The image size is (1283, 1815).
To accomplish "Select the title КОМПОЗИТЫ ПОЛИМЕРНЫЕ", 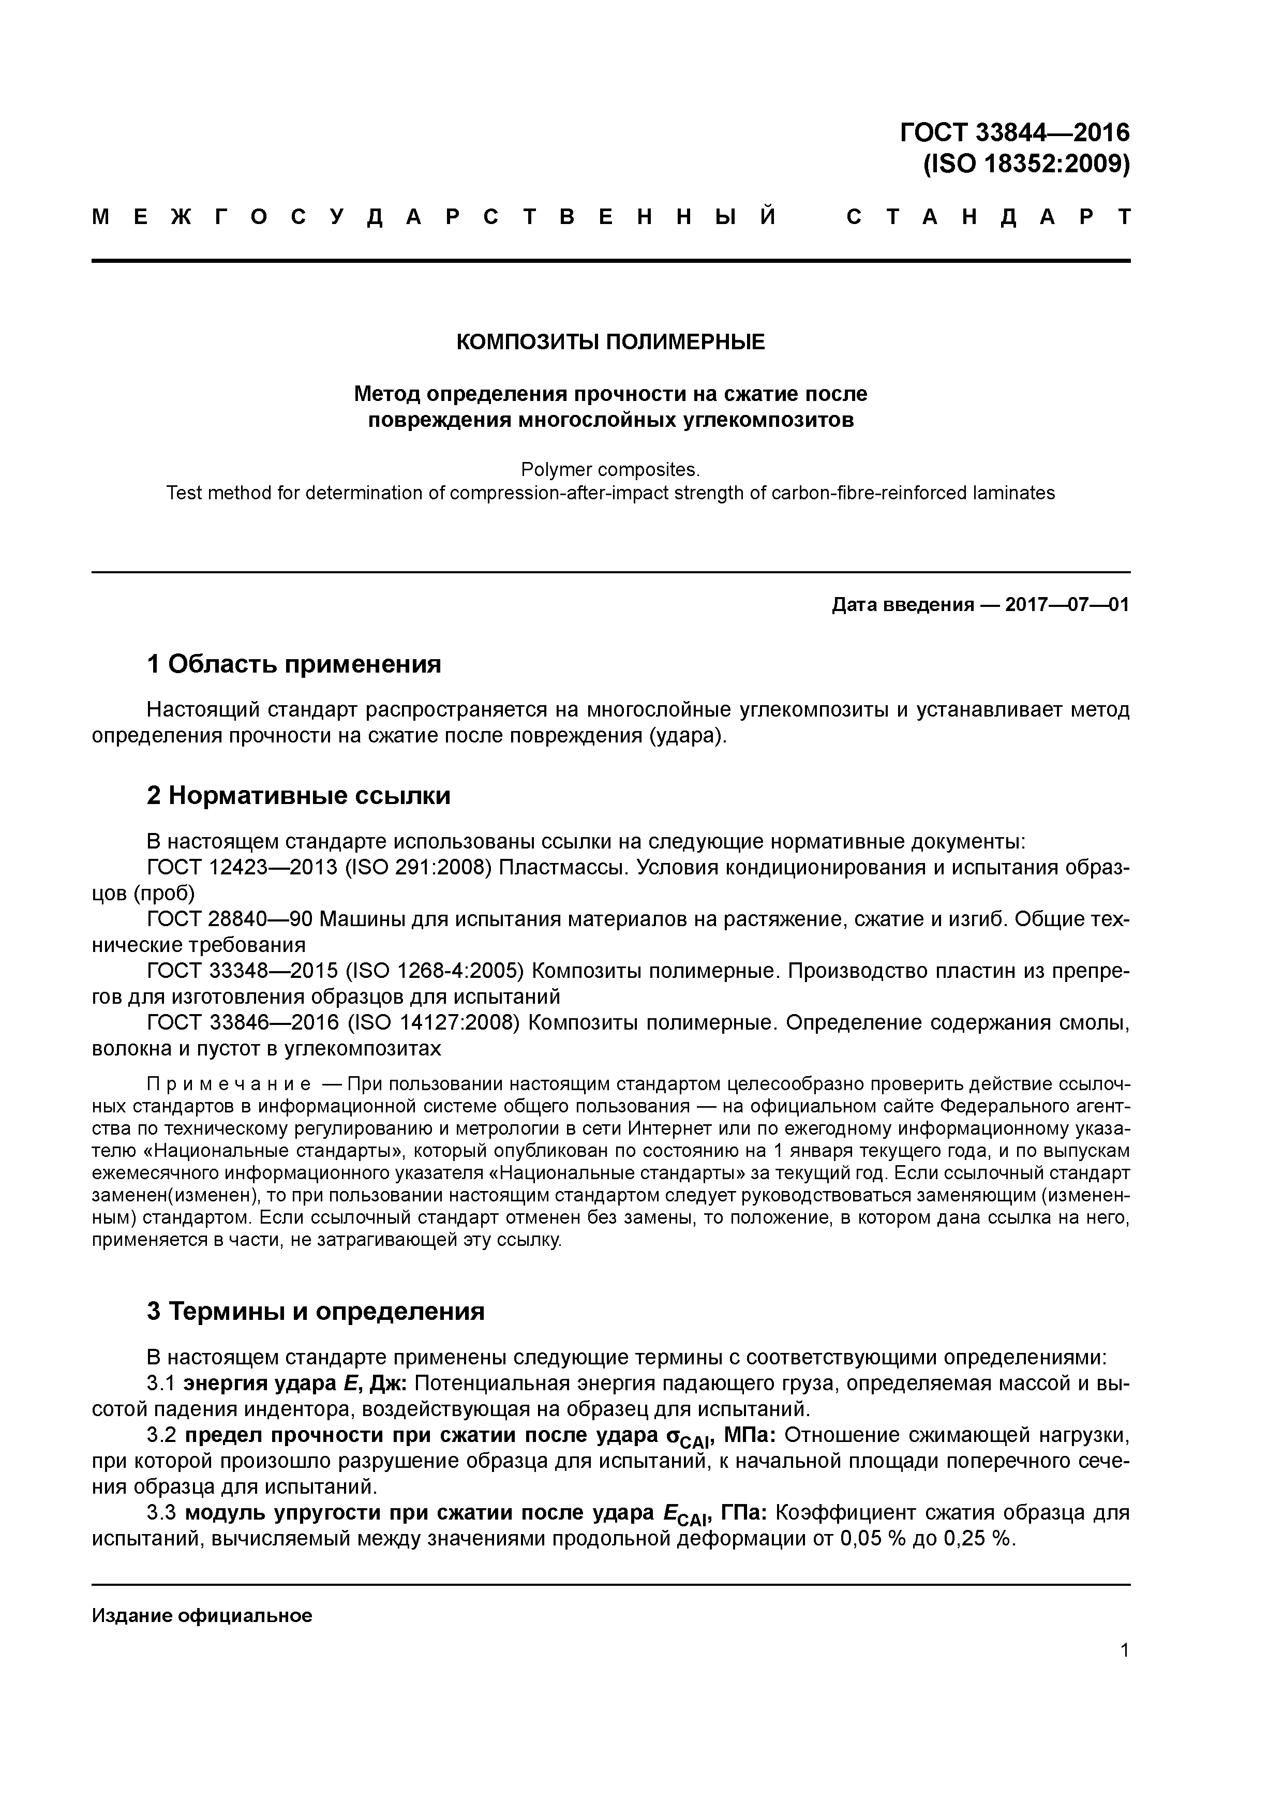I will pyautogui.click(x=610, y=343).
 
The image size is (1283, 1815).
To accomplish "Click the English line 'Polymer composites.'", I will pyautogui.click(x=610, y=470).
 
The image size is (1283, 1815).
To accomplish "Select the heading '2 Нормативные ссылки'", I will pyautogui.click(x=299, y=795).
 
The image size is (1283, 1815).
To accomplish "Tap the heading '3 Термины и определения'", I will pyautogui.click(x=316, y=1312).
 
